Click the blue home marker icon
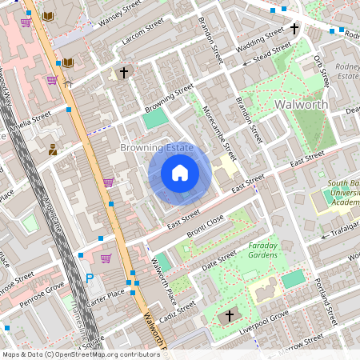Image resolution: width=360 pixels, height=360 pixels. click(180, 173)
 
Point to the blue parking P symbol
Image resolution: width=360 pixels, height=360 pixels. click(90, 278)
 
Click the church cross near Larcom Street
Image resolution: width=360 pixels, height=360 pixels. click(123, 74)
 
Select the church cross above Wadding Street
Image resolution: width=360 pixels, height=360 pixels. click(294, 29)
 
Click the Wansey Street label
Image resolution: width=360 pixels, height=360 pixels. click(114, 11)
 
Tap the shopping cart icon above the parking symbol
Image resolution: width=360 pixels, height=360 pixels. click(106, 258)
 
